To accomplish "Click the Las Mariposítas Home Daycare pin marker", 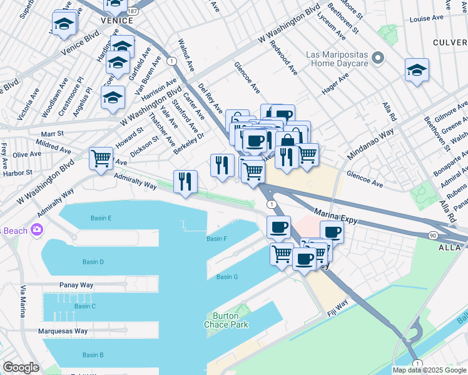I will coord(378,59).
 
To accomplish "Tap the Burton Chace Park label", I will coord(226,320).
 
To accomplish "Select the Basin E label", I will coord(101,218).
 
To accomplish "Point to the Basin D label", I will coord(93,261).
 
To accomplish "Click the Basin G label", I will coord(227,277).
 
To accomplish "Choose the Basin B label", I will coord(93,355).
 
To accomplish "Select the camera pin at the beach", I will coord(37,230).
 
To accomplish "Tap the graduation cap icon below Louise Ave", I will coord(416,71).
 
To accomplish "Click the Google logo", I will coord(21,367).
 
